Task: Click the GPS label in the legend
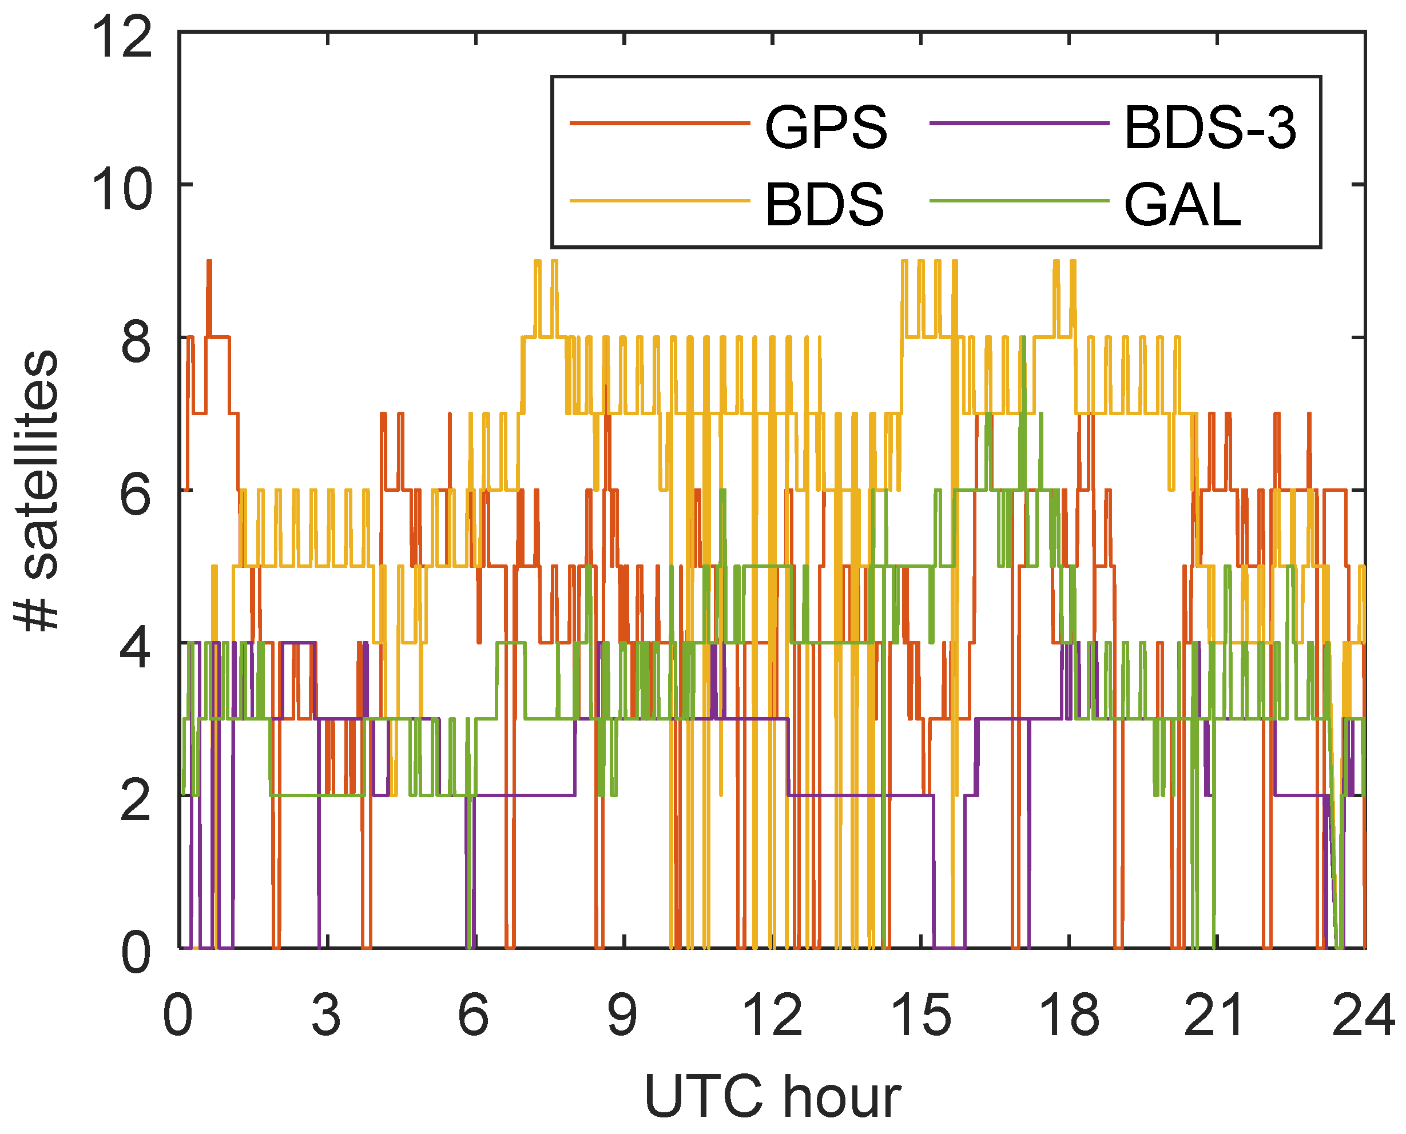[x=826, y=127]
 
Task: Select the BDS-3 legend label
[x=1209, y=127]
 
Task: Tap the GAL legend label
[x=1182, y=205]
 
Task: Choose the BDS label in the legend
[x=824, y=205]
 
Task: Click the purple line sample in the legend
[x=1019, y=123]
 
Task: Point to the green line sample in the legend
[x=1019, y=201]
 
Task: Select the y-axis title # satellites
[x=38, y=491]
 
